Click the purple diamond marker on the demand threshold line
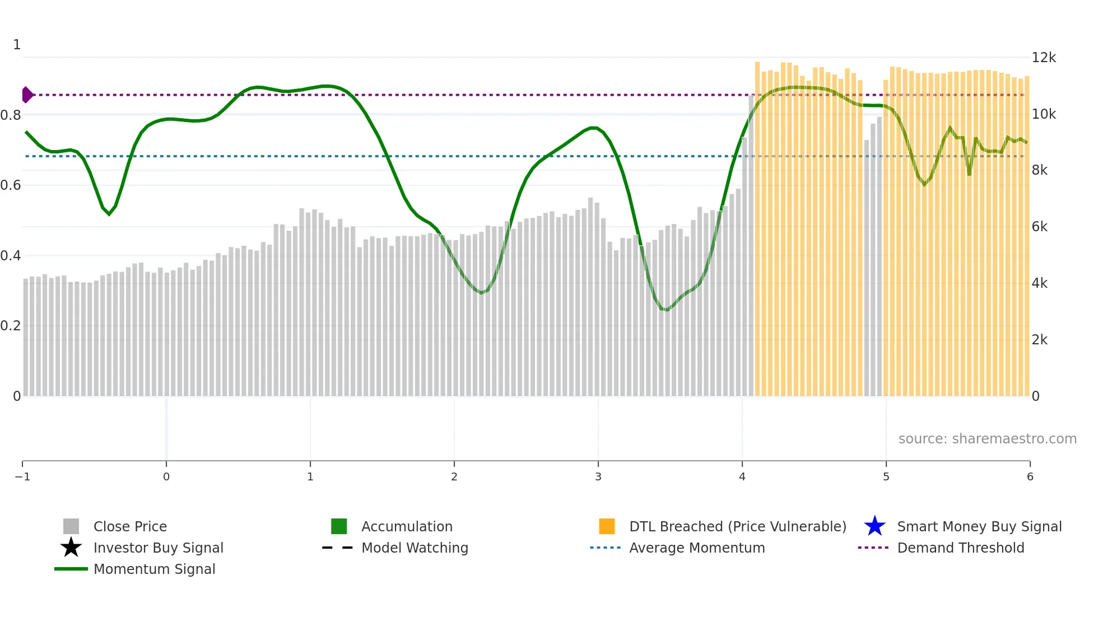[26, 95]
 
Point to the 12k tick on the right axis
[1044, 58]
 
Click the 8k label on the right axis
[1040, 170]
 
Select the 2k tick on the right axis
[1040, 340]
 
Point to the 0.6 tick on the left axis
[11, 185]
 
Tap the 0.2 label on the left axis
[11, 326]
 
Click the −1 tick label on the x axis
[22, 477]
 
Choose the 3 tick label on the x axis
[598, 477]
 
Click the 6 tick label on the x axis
[1030, 477]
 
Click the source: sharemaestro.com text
[987, 439]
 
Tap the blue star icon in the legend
[874, 526]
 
